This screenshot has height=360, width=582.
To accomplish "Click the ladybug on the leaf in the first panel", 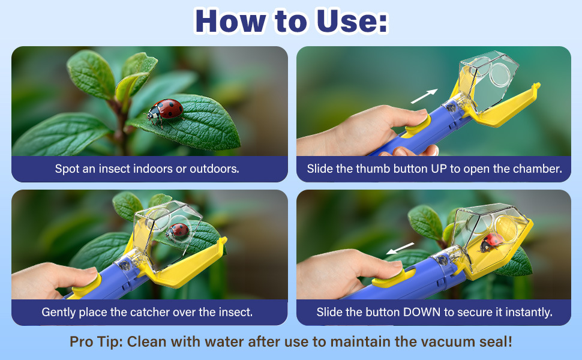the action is click(x=166, y=110).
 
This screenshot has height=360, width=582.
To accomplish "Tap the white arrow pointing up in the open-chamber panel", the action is click(x=424, y=97).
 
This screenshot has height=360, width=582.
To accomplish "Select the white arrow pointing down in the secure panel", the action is click(x=400, y=248).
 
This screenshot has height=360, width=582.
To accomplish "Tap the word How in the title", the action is click(x=230, y=21).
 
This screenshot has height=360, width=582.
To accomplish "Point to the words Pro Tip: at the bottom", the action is click(x=96, y=342).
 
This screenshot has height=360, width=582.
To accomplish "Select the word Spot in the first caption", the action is click(x=67, y=169).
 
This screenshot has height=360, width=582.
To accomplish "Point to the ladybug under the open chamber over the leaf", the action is click(x=178, y=231).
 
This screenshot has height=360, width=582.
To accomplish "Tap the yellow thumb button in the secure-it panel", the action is click(x=394, y=278).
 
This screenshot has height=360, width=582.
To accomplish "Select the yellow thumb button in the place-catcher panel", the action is click(x=86, y=286).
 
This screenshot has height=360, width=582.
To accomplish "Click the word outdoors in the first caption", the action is click(x=215, y=169).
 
